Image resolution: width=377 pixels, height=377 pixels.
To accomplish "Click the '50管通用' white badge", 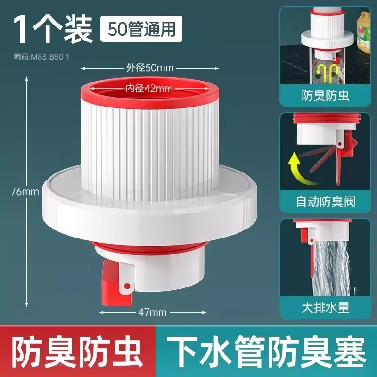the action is tap(141, 29).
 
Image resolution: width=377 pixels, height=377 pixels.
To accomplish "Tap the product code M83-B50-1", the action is tap(41, 57).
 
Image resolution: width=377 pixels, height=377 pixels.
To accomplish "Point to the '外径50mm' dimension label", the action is tap(150, 68).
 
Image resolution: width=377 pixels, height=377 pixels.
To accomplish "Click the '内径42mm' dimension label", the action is tap(149, 89).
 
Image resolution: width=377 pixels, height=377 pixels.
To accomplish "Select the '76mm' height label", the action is tap(25, 192).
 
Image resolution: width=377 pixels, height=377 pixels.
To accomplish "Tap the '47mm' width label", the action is tap(152, 312).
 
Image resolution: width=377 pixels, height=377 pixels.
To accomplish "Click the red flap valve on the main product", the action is tap(113, 284).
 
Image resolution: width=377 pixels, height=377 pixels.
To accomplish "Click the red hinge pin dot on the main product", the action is tap(127, 286).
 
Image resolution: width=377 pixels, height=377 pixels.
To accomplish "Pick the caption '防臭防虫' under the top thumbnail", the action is tap(325, 96).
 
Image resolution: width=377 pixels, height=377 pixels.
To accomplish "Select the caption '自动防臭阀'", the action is tap(325, 202).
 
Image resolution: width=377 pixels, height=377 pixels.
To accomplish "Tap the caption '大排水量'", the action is tap(325, 308).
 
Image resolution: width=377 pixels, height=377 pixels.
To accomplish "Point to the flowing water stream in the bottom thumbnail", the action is tap(331, 267).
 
